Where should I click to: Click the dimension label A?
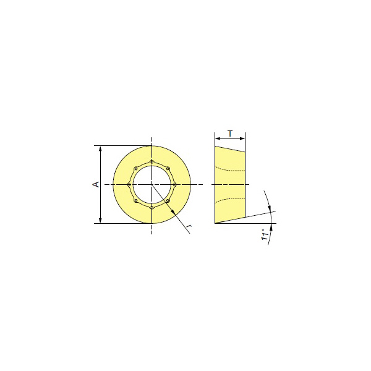point(96,184)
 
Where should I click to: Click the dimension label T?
point(230,134)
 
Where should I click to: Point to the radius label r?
point(189,226)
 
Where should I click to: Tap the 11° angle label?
point(265,235)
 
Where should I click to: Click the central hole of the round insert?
point(151,184)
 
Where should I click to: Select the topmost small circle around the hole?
point(151,162)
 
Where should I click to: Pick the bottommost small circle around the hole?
point(151,207)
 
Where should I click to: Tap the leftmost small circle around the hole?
point(129,184)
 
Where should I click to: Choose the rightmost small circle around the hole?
point(174,184)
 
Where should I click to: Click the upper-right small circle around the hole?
point(168,169)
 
